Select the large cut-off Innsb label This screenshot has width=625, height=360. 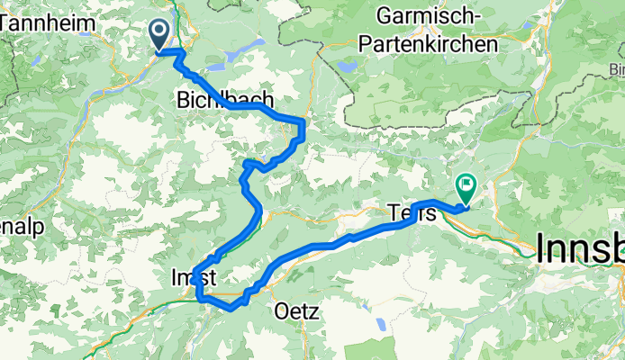click(x=580, y=247)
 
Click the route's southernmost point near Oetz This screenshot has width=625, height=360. click(x=231, y=309)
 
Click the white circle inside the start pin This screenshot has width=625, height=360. click(x=159, y=31)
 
